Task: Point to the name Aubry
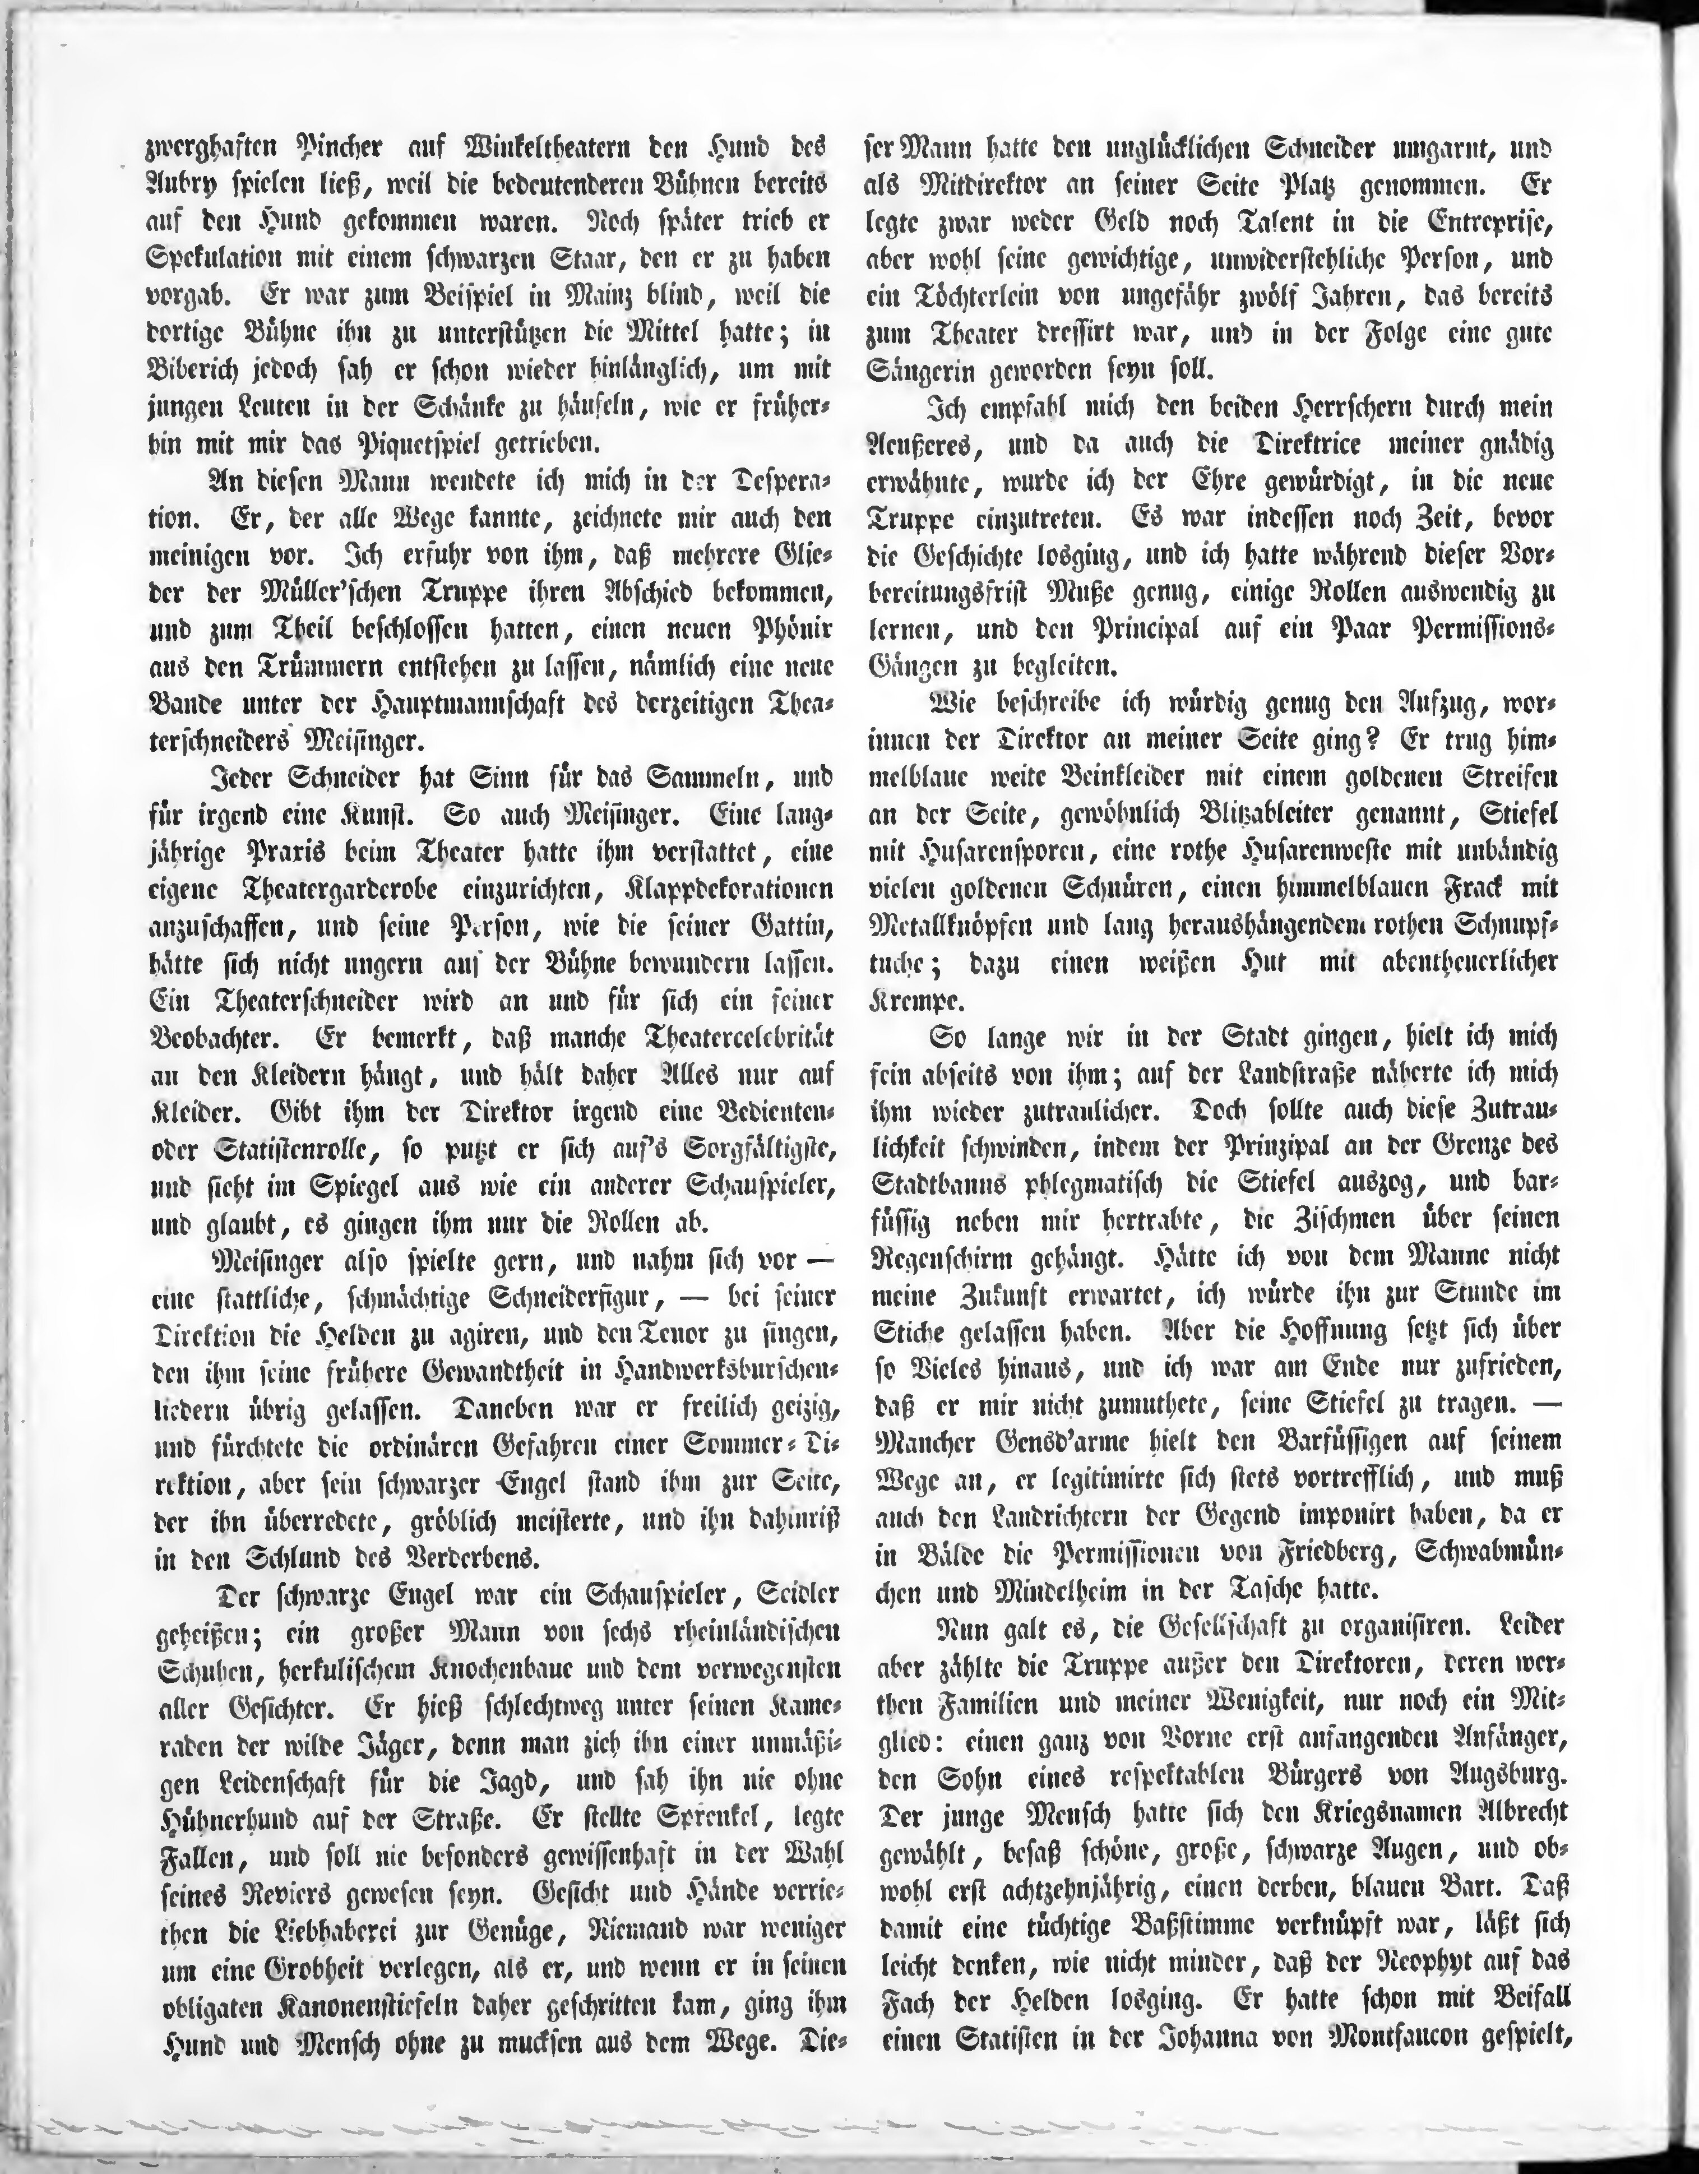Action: point(189,186)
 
